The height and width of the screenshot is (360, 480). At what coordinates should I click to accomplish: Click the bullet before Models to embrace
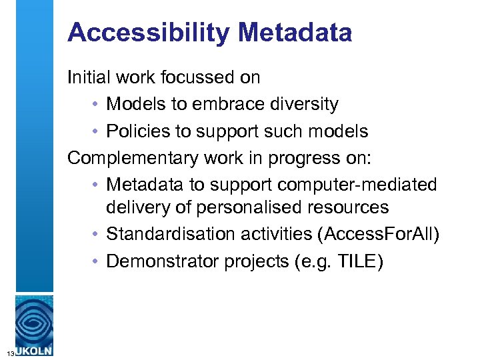[97, 105]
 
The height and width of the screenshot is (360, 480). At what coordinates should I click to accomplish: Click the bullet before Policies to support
[97, 131]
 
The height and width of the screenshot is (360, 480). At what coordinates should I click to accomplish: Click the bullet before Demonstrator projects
[97, 261]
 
